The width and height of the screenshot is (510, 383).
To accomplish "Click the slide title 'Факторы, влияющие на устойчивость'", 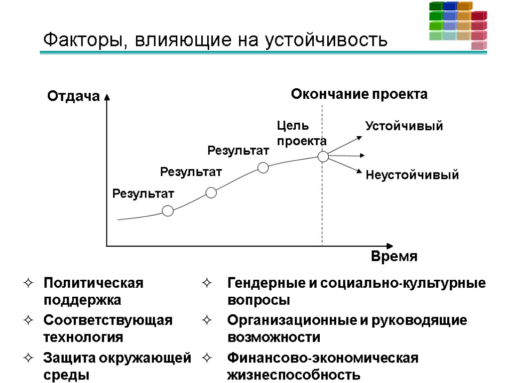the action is tap(215, 39).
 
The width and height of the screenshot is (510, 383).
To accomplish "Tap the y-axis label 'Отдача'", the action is tap(73, 96).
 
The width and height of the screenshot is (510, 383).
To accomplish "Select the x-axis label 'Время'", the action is tap(394, 257).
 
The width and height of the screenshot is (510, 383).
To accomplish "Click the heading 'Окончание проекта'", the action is tap(359, 94).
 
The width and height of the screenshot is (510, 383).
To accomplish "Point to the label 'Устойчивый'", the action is tap(404, 126).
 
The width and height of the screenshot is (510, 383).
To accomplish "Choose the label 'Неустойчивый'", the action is tap(412, 175).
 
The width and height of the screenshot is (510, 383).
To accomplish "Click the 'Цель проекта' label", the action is tap(301, 133).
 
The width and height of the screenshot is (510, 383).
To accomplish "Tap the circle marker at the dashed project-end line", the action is tap(323, 157).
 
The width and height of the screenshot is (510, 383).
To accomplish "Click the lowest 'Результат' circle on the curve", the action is tap(168, 211).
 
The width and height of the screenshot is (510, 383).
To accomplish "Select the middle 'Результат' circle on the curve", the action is tap(211, 192).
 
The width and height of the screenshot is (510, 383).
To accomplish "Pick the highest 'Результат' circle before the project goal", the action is tap(263, 168).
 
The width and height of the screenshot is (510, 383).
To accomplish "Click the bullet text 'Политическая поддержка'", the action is tap(93, 292).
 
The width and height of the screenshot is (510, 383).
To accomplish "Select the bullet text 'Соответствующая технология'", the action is tap(108, 329).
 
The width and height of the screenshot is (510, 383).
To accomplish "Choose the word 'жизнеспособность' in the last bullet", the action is tap(294, 375).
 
